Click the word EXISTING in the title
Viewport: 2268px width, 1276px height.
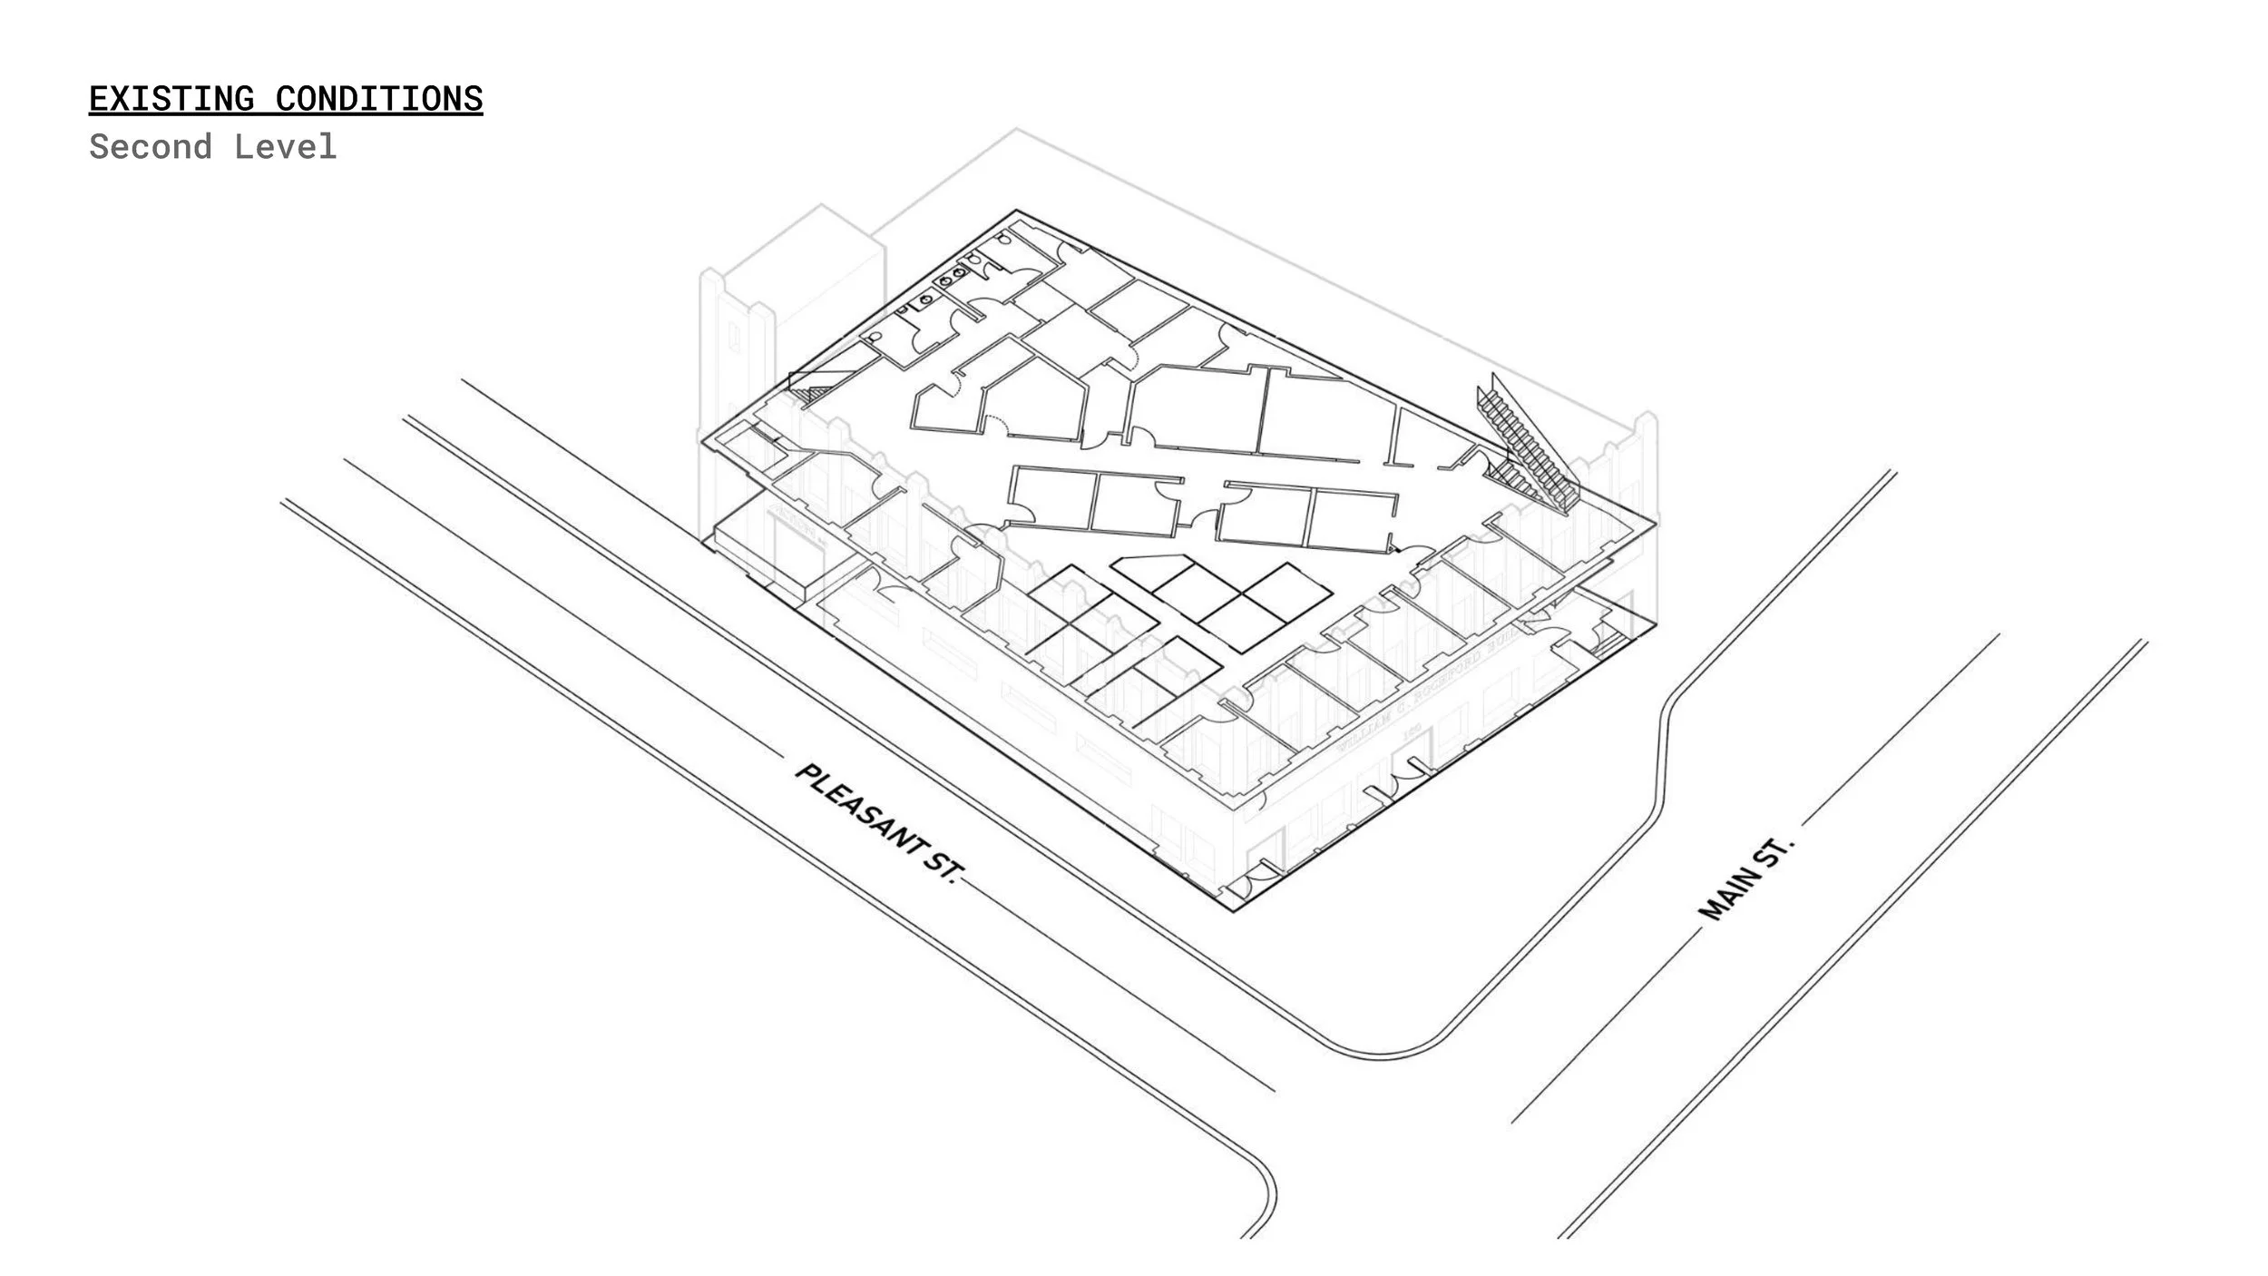click(x=171, y=99)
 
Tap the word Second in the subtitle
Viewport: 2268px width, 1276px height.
click(x=151, y=147)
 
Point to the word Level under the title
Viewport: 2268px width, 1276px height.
click(x=285, y=147)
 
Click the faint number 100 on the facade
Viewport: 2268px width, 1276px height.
click(x=1412, y=730)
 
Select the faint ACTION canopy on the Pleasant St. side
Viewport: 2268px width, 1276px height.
click(x=798, y=535)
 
